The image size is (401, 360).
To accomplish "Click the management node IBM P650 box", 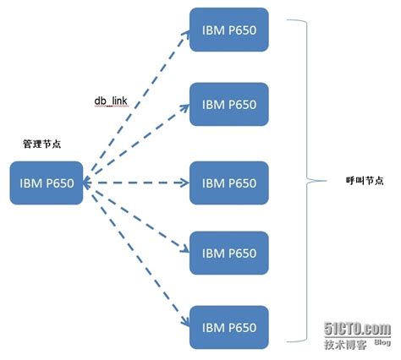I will tap(47, 183).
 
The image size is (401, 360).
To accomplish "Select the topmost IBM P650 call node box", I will tap(229, 30).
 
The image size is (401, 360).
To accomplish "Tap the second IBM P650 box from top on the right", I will tap(229, 106).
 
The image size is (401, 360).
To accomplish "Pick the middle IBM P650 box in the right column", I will tap(229, 183).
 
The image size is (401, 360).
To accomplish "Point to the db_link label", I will tap(110, 101).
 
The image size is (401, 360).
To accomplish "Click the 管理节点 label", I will tap(41, 145).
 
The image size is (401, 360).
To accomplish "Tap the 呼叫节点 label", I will tap(365, 180).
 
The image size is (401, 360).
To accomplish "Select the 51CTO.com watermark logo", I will tap(356, 328).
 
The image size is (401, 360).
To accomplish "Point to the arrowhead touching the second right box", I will tap(184, 107).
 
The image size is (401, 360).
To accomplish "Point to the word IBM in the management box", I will tap(30, 183).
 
